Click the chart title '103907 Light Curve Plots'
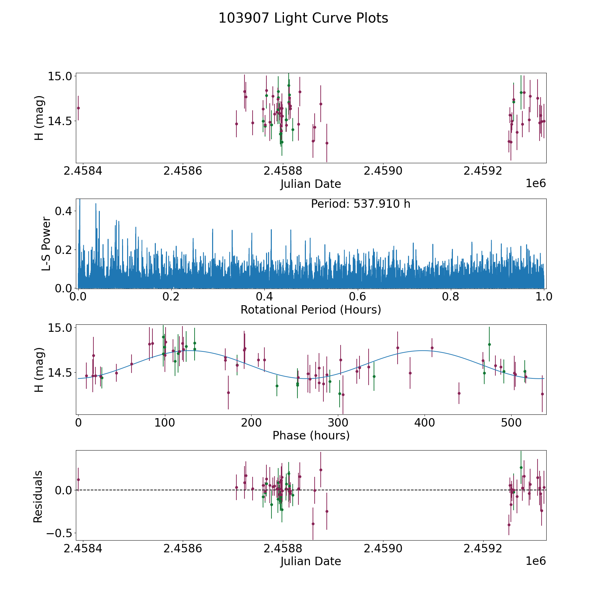303,18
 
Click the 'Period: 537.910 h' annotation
360,204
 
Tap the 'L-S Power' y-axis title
47,244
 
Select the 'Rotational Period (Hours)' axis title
311,310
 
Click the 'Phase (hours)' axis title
311,435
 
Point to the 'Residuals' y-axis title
38,496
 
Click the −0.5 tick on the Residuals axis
59,533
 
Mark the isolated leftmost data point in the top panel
78,108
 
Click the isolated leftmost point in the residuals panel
78,480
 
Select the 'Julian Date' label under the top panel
311,184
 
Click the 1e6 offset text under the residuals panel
536,561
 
